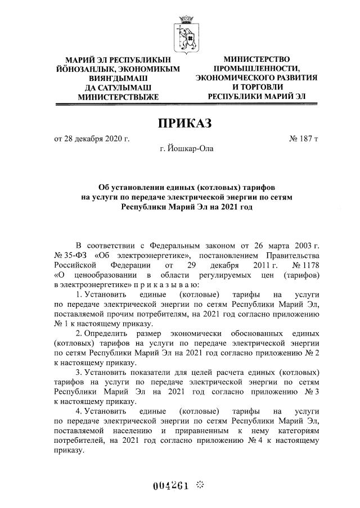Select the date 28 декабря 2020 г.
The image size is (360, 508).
[x=97, y=138]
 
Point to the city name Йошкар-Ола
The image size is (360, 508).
[x=186, y=149]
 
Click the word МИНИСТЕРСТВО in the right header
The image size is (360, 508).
[x=256, y=59]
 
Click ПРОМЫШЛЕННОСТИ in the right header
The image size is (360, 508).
[x=256, y=68]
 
